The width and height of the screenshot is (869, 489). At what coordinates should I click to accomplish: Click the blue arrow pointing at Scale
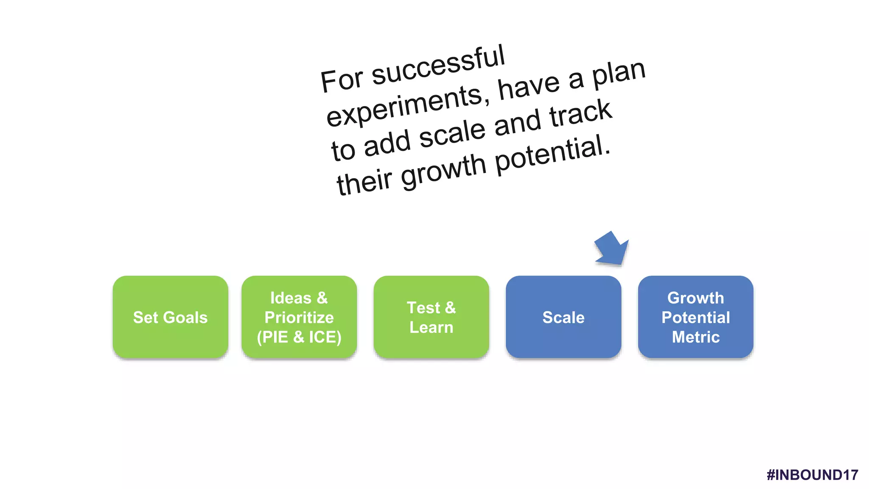[612, 249]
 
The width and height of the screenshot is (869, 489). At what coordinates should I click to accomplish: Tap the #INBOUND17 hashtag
[812, 475]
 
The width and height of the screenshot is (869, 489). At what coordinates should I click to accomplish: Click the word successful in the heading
[438, 66]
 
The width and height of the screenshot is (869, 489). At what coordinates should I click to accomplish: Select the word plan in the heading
[619, 75]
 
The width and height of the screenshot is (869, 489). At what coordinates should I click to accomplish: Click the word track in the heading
[581, 113]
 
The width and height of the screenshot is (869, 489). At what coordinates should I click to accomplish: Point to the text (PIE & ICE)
[299, 337]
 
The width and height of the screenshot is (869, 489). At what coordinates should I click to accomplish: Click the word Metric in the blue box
[695, 337]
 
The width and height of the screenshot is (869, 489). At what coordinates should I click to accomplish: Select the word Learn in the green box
[431, 327]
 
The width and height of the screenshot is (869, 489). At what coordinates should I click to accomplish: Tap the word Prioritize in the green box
[299, 318]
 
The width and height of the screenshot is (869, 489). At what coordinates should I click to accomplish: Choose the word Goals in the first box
[185, 318]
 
